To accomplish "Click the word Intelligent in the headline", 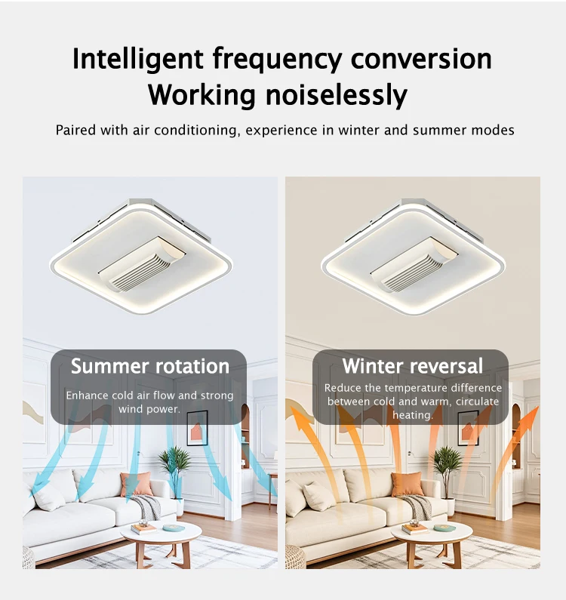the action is (138, 59).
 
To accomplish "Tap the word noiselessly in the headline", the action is (337, 94).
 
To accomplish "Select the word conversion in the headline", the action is (421, 59).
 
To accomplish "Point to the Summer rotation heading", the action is (150, 366).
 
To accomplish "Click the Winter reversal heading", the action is (413, 366).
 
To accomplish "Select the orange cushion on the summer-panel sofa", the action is (136, 484).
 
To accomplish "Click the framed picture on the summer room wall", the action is (197, 429).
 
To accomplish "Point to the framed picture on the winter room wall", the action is (468, 429).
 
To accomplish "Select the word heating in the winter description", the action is (413, 415).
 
